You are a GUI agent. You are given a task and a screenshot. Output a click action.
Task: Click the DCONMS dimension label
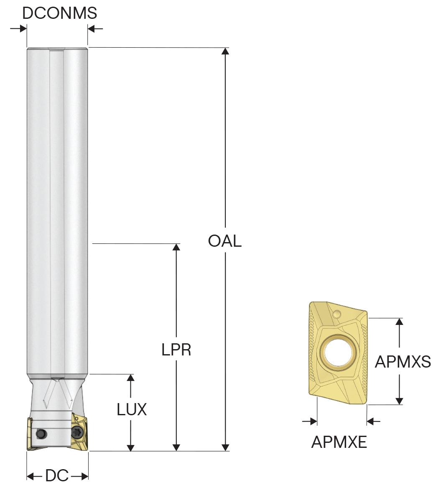click(x=60, y=13)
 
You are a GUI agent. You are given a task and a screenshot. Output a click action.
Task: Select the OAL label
click(x=224, y=241)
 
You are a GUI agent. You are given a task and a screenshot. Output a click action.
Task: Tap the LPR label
click(x=176, y=350)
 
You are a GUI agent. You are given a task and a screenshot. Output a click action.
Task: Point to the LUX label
click(x=132, y=409)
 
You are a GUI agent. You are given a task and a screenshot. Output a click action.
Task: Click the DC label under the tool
click(x=57, y=475)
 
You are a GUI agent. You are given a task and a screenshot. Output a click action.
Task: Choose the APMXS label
click(x=403, y=362)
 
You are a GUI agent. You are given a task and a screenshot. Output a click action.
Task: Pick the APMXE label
click(x=339, y=442)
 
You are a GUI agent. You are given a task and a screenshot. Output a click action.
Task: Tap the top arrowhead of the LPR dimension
click(x=176, y=248)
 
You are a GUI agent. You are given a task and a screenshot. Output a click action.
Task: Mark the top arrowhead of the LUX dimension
click(x=131, y=378)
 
